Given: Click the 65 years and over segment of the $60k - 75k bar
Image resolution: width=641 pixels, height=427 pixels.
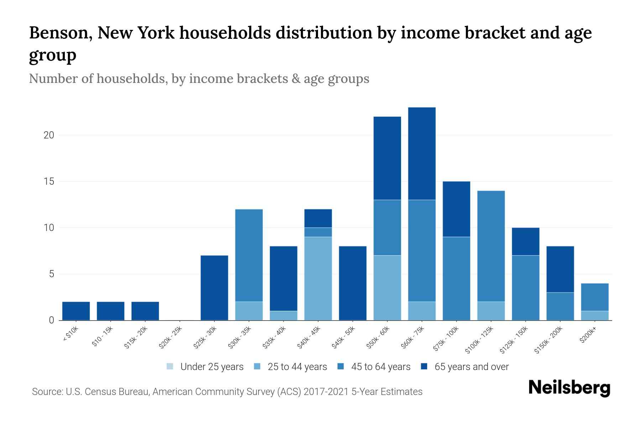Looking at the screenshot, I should pos(422,153).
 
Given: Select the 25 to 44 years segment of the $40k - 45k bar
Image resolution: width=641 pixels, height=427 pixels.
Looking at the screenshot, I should pos(318,278).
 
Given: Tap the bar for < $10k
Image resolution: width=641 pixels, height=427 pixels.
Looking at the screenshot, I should pos(76,311).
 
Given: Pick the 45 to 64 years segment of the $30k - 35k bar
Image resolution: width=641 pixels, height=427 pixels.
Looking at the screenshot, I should pos(249,255).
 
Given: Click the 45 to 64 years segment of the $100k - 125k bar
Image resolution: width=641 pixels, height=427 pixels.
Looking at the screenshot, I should pos(491,246).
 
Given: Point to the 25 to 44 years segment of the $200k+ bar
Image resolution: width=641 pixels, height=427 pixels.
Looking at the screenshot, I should pos(594,315).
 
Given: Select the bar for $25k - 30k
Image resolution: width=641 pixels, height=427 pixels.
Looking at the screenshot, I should pos(214,288).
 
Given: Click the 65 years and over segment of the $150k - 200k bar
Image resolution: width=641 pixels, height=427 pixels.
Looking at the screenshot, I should pos(560,269).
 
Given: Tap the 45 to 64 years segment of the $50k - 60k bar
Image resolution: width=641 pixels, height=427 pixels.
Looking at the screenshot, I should pos(387,227).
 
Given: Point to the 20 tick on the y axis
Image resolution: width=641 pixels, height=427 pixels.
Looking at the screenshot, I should pos(49,135).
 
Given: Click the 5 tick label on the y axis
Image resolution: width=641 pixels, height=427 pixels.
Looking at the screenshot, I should pos(51,274).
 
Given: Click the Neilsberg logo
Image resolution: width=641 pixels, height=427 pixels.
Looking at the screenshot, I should pos(569,388).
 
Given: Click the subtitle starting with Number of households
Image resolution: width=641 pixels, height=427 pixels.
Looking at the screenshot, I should pos(199,79).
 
